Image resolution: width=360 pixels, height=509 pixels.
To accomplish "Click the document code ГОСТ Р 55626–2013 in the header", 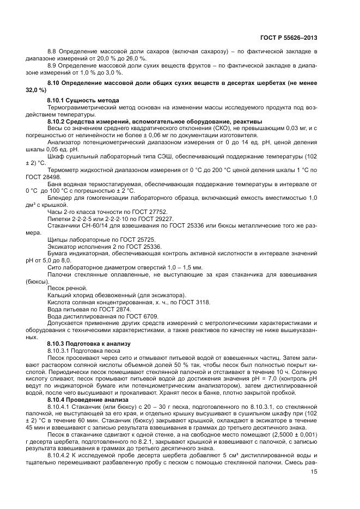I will [x=289, y=38].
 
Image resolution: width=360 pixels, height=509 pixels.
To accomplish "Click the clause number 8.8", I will [x=53, y=51].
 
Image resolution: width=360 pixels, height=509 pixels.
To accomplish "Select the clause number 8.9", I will [x=53, y=65].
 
